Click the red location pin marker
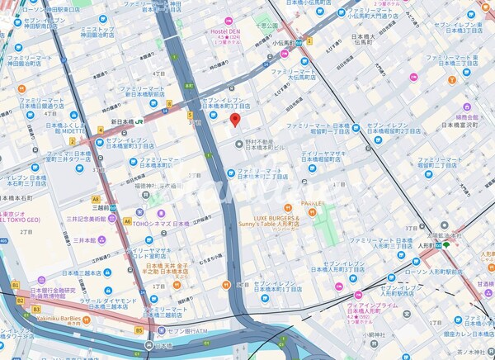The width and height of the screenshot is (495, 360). point(234,121)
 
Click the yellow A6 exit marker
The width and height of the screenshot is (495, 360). point(126,221)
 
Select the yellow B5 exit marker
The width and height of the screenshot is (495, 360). point(139,330)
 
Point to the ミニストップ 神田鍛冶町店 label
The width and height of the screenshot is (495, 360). point(99,31)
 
